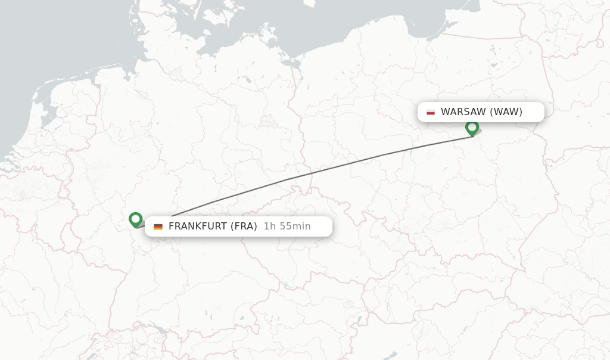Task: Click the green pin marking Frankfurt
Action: click(135, 219)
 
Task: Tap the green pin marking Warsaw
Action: click(472, 128)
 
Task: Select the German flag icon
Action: click(158, 226)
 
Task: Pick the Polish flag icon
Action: click(431, 112)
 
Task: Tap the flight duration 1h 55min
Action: click(287, 226)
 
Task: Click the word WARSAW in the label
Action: click(463, 112)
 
